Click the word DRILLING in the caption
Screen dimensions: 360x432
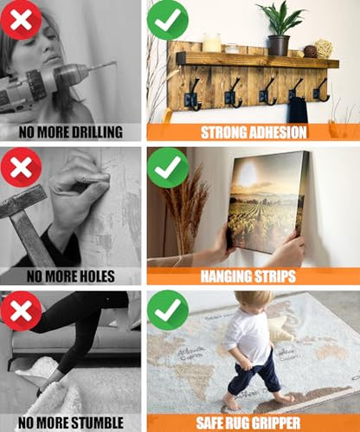click(x=97, y=132)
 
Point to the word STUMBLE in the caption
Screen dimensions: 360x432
click(x=97, y=422)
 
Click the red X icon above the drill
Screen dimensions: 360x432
click(x=21, y=20)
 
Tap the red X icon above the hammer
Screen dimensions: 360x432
click(x=21, y=167)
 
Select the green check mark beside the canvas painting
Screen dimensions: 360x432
click(x=168, y=168)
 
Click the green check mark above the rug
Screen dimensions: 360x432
click(x=168, y=311)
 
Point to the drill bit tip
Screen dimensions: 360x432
click(x=115, y=62)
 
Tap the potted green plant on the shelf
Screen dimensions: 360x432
click(x=280, y=29)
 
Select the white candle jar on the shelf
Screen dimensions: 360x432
click(x=212, y=42)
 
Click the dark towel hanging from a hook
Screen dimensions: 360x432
click(x=298, y=111)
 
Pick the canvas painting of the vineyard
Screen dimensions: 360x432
click(x=267, y=202)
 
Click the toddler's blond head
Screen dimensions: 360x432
click(x=254, y=302)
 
